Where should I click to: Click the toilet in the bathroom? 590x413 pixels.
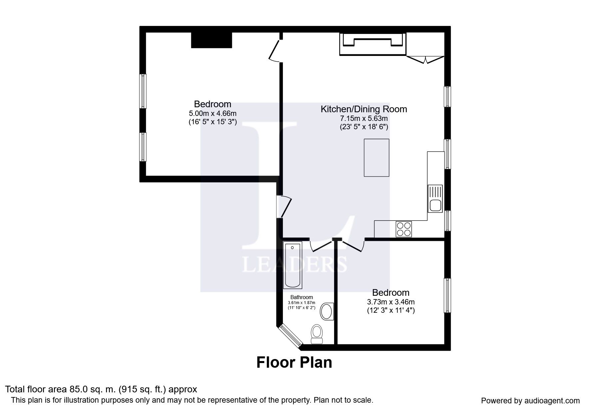coord(317,334)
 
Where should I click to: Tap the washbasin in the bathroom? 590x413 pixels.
coord(327,312)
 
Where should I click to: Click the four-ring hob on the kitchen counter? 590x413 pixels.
coord(403,229)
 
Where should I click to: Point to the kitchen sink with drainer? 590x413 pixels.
coord(435,199)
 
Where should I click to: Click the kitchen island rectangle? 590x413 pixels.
coord(376,158)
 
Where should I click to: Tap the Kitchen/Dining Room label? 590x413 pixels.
coord(364,109)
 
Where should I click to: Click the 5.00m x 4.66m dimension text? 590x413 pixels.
coord(213,114)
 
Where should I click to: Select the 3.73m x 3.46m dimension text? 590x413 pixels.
coord(391,302)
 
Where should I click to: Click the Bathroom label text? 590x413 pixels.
coord(301,297)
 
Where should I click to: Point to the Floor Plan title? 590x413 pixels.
coord(294,362)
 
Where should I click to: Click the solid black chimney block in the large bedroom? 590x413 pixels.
coord(211,40)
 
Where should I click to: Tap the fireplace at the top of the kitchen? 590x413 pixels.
coord(373,44)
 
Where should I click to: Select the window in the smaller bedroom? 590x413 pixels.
coord(447,295)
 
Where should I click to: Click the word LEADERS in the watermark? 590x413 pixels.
coord(295,264)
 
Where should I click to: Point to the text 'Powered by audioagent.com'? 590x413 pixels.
coord(530,401)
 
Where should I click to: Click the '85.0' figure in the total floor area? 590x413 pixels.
coord(78,389)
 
